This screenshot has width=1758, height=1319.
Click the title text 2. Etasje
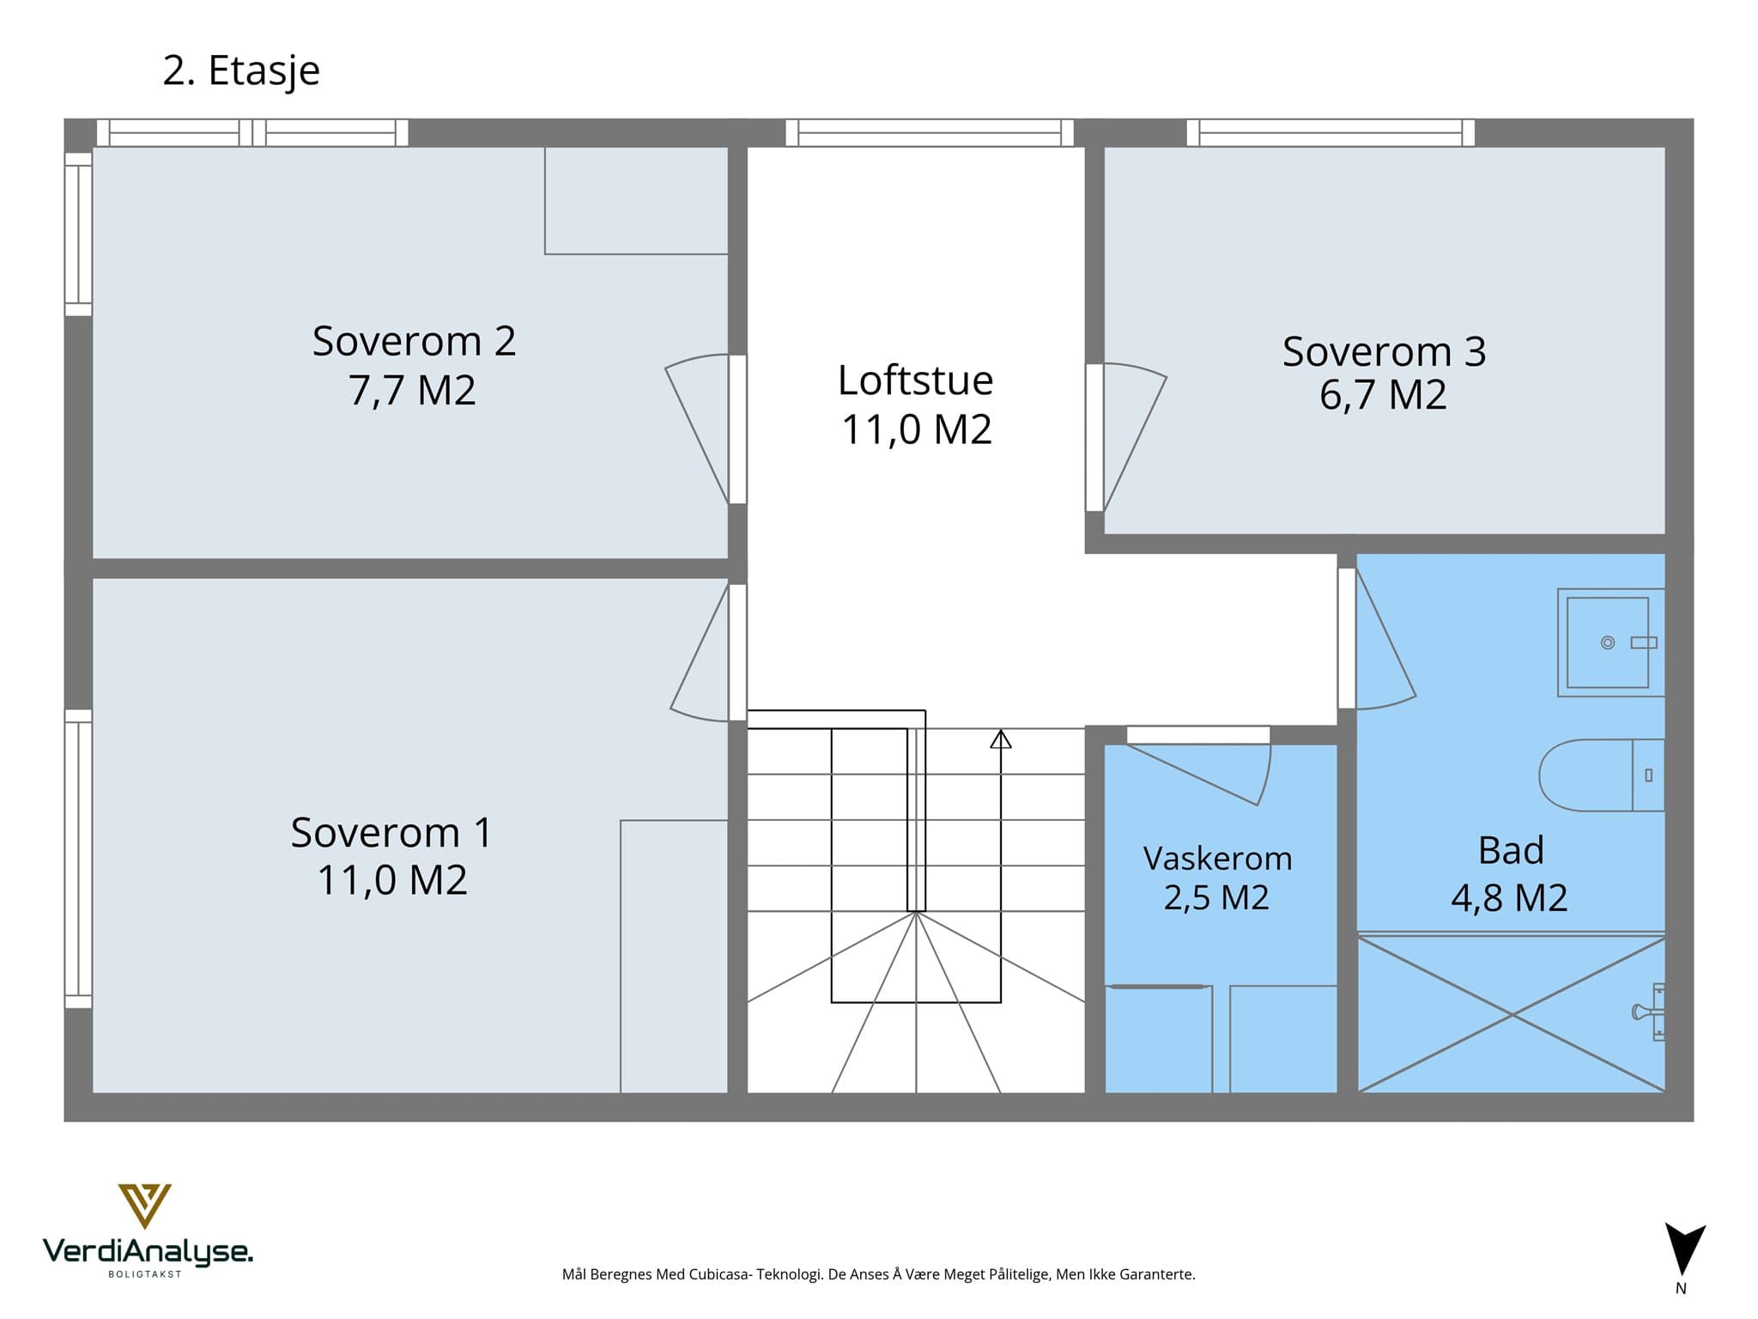point(241,70)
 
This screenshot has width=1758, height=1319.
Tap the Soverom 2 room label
point(414,341)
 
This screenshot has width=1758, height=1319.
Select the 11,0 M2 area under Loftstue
point(917,429)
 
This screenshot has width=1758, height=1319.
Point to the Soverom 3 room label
point(1384,350)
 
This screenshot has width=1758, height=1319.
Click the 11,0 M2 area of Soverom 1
point(392,879)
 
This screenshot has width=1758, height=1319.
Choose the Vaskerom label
point(1217,858)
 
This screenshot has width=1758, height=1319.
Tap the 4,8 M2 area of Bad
point(1509,897)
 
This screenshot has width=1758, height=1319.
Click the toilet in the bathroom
point(1602,775)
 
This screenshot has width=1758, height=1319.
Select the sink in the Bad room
point(1611,642)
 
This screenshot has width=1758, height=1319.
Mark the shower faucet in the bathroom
point(1650,1012)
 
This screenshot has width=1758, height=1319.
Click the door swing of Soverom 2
point(697,429)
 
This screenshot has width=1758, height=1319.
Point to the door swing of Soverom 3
point(1135,437)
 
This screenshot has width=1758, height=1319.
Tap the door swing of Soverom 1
point(700,652)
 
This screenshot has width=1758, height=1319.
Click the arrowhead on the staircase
point(1001,739)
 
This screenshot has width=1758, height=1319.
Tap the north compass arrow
point(1685,1249)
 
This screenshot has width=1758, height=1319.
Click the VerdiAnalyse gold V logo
point(144,1206)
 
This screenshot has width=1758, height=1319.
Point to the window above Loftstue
point(930,133)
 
